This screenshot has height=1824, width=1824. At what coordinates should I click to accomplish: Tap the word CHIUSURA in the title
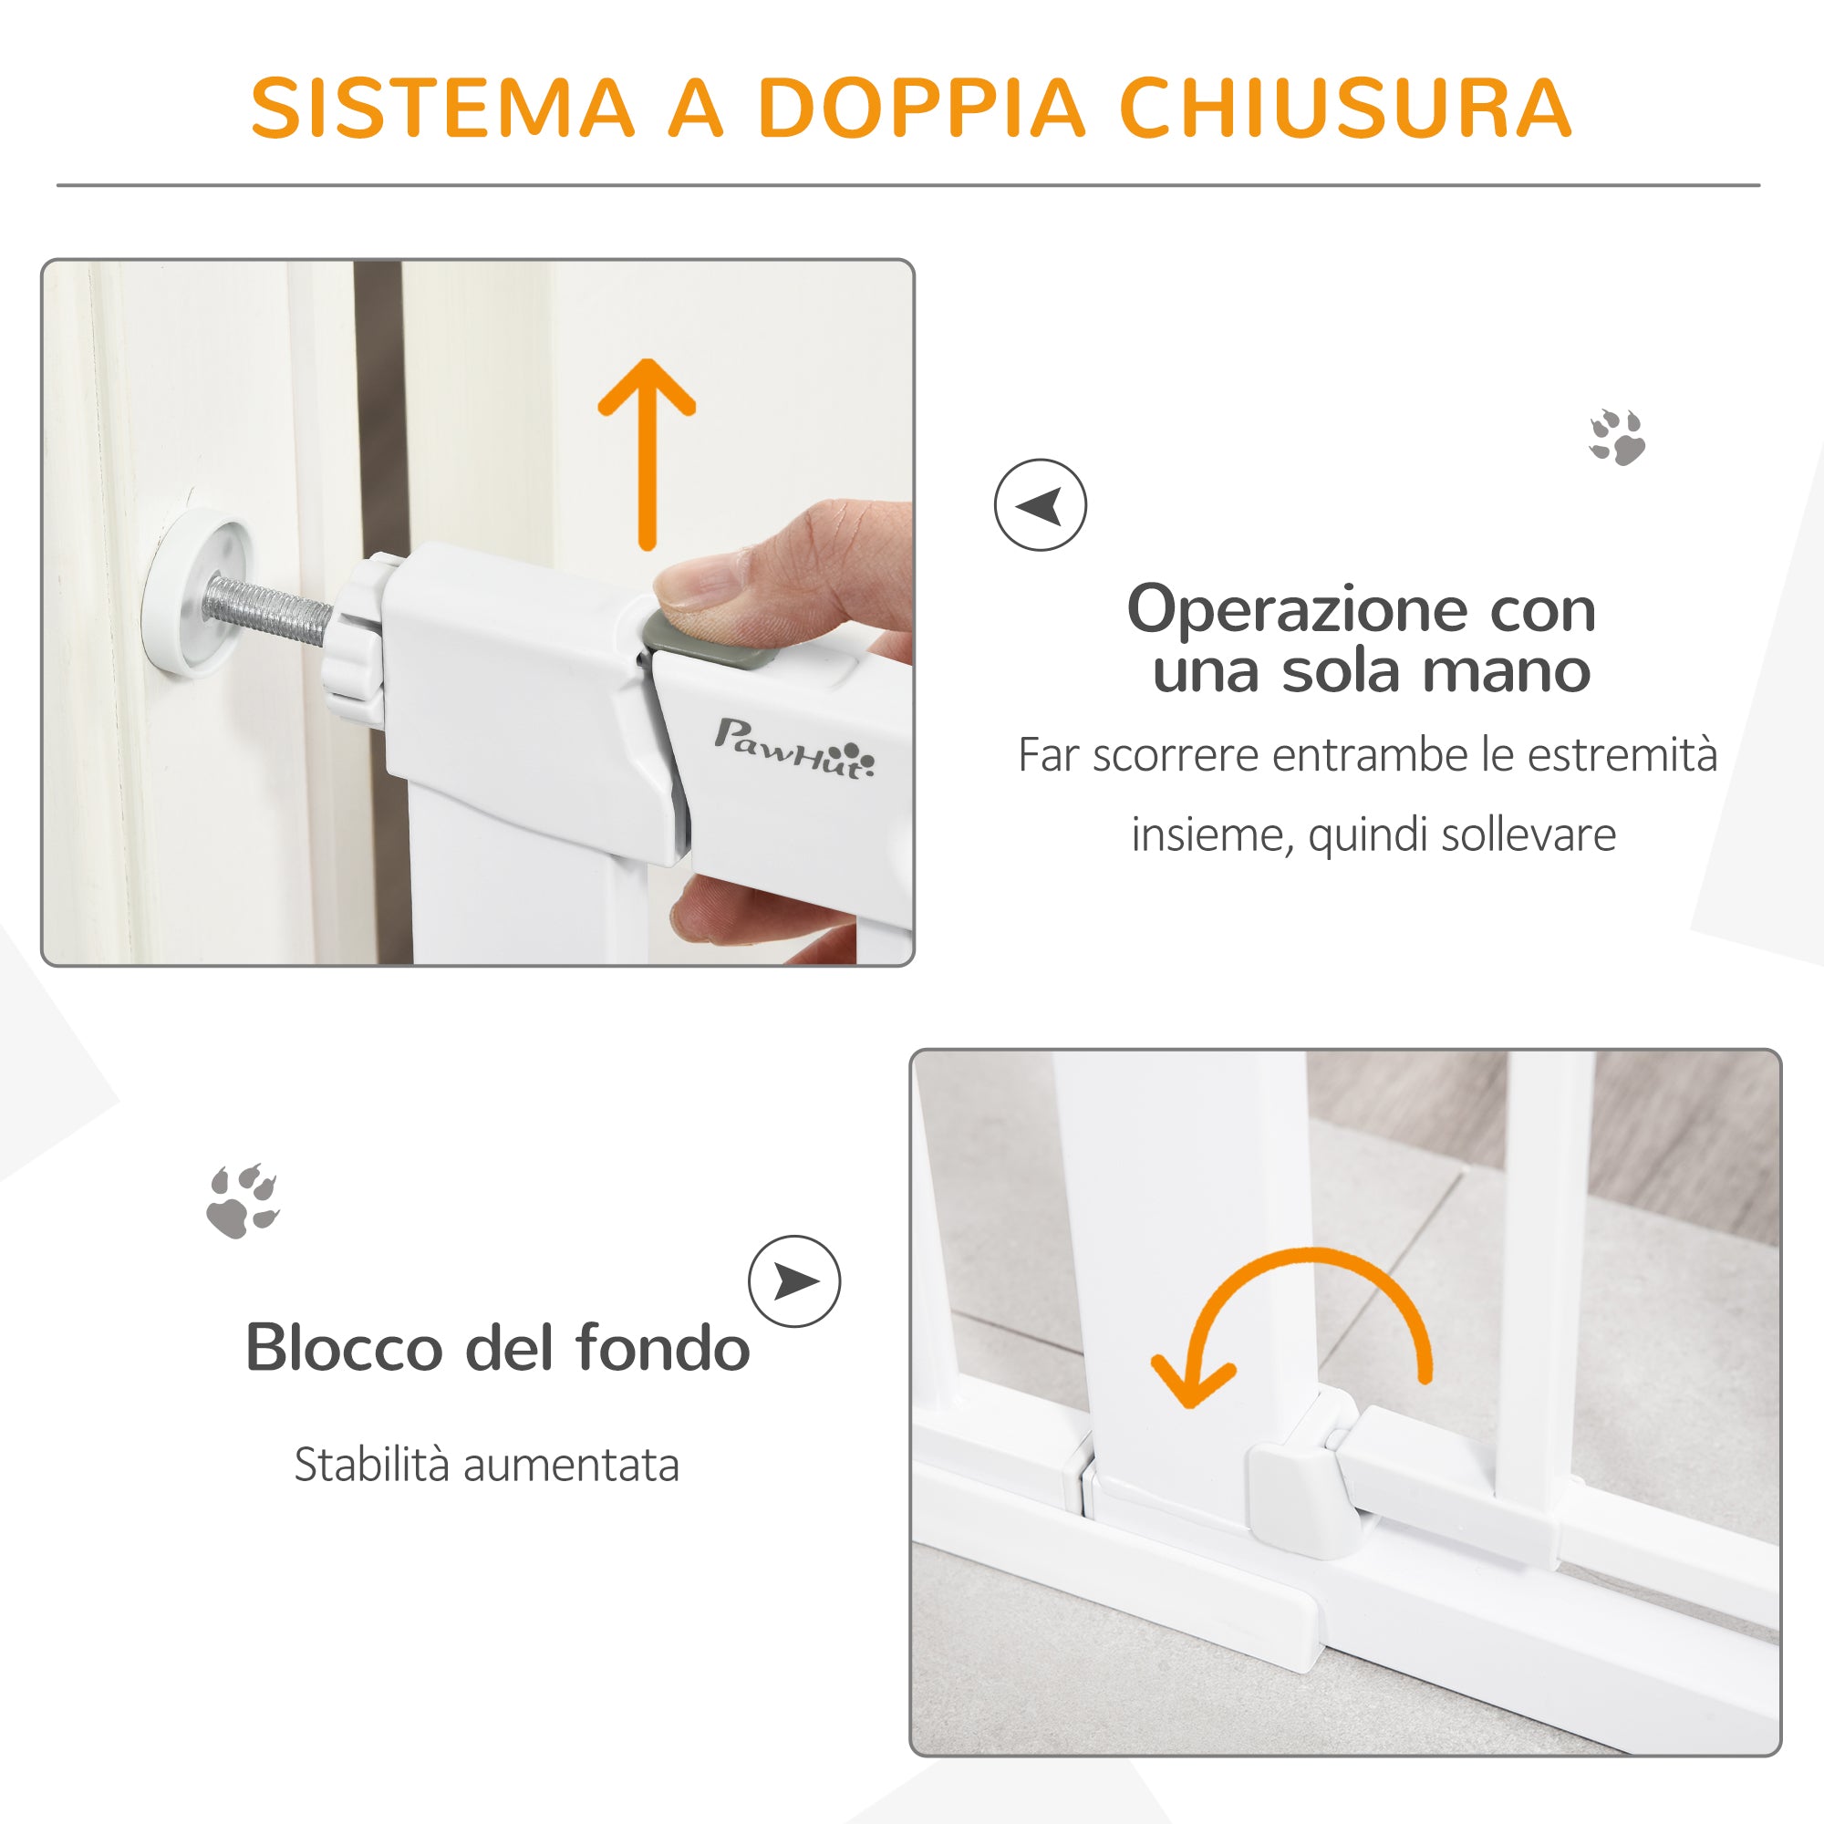pyautogui.click(x=1345, y=108)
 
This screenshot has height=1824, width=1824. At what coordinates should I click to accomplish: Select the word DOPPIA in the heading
pyautogui.click(x=920, y=108)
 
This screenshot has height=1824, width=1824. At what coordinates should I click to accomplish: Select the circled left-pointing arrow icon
pyautogui.click(x=1040, y=505)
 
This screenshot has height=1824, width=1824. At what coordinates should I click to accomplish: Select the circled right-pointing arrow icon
pyautogui.click(x=794, y=1281)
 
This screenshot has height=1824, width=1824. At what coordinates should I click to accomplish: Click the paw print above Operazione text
pyautogui.click(x=1616, y=437)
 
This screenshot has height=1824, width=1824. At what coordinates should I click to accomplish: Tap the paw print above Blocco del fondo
pyautogui.click(x=244, y=1200)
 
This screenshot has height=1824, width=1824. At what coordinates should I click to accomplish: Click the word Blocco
pyautogui.click(x=344, y=1347)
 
